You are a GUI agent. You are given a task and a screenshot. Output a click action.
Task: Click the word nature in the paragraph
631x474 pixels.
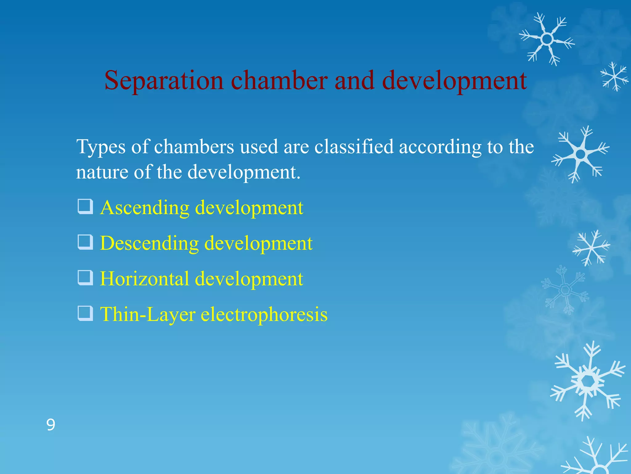tap(102, 172)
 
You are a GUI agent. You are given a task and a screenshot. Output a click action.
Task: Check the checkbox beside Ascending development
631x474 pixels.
tap(85, 207)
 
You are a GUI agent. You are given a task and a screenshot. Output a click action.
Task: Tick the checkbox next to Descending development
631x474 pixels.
tap(85, 242)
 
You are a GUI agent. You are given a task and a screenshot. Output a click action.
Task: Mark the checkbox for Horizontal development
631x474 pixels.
tap(85, 278)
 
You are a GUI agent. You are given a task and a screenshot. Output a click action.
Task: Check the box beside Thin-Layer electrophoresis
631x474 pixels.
tap(85, 313)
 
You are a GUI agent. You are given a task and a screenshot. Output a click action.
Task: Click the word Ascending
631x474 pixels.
tap(145, 208)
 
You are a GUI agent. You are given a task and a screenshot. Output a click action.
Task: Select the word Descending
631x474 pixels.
tap(149, 243)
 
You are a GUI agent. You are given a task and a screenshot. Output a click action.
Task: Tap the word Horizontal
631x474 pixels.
tap(145, 279)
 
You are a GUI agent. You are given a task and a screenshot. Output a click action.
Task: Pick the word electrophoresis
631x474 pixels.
tap(264, 314)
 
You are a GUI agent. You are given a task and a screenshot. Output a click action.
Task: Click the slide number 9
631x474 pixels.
tap(51, 425)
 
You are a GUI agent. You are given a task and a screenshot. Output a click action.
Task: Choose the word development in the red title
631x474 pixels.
tap(454, 81)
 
